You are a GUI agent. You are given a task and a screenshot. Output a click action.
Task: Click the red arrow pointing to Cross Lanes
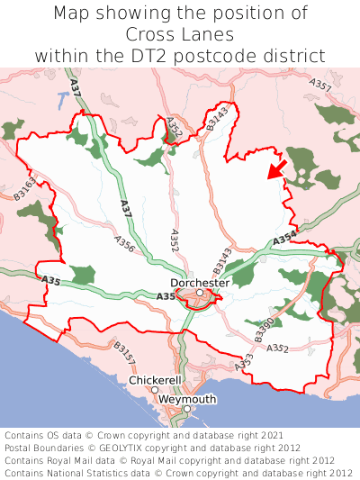pos(277,168)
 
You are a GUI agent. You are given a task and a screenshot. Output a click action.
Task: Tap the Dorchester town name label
pos(200,282)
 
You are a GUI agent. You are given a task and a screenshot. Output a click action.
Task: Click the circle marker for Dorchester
pos(199,292)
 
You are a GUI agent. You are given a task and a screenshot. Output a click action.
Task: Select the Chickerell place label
pos(156,380)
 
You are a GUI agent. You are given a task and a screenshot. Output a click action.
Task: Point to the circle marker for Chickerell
pos(155,390)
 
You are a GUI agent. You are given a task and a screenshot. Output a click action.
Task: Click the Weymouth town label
pos(186,399)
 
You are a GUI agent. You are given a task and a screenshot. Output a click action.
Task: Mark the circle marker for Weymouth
pos(187,409)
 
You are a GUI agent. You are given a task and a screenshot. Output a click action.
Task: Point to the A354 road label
pos(284,239)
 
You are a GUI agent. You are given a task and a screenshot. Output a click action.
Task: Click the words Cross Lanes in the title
pos(180,34)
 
